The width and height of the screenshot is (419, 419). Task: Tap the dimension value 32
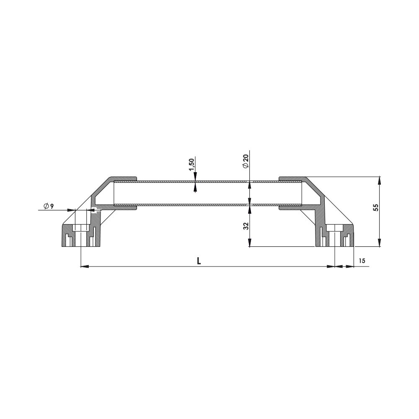point(246,226)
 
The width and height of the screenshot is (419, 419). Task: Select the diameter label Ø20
point(246,161)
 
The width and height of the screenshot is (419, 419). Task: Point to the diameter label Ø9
point(48,206)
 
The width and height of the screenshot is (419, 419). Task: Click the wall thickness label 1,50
point(191,164)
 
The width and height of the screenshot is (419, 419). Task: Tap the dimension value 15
point(362,261)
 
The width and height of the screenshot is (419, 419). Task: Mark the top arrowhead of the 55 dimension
point(380,180)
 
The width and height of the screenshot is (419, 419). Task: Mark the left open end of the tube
point(114,193)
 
